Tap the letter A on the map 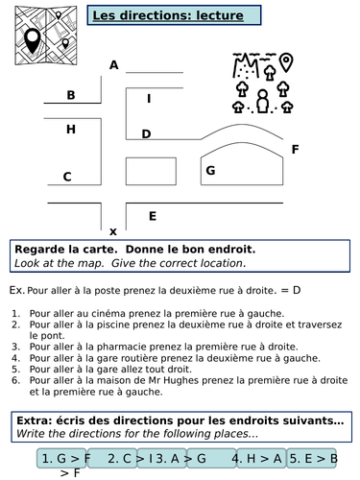pyautogui.click(x=114, y=65)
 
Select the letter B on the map pyautogui.click(x=70, y=95)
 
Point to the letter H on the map pyautogui.click(x=70, y=129)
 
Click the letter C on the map pyautogui.click(x=67, y=177)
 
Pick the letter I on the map pyautogui.click(x=148, y=98)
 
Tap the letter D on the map pyautogui.click(x=146, y=134)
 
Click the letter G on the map pyautogui.click(x=209, y=171)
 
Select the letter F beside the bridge pyautogui.click(x=295, y=150)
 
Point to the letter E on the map pyautogui.click(x=152, y=216)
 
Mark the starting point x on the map pyautogui.click(x=113, y=231)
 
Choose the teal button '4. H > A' pyautogui.click(x=257, y=458)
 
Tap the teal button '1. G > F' pyautogui.click(x=65, y=458)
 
